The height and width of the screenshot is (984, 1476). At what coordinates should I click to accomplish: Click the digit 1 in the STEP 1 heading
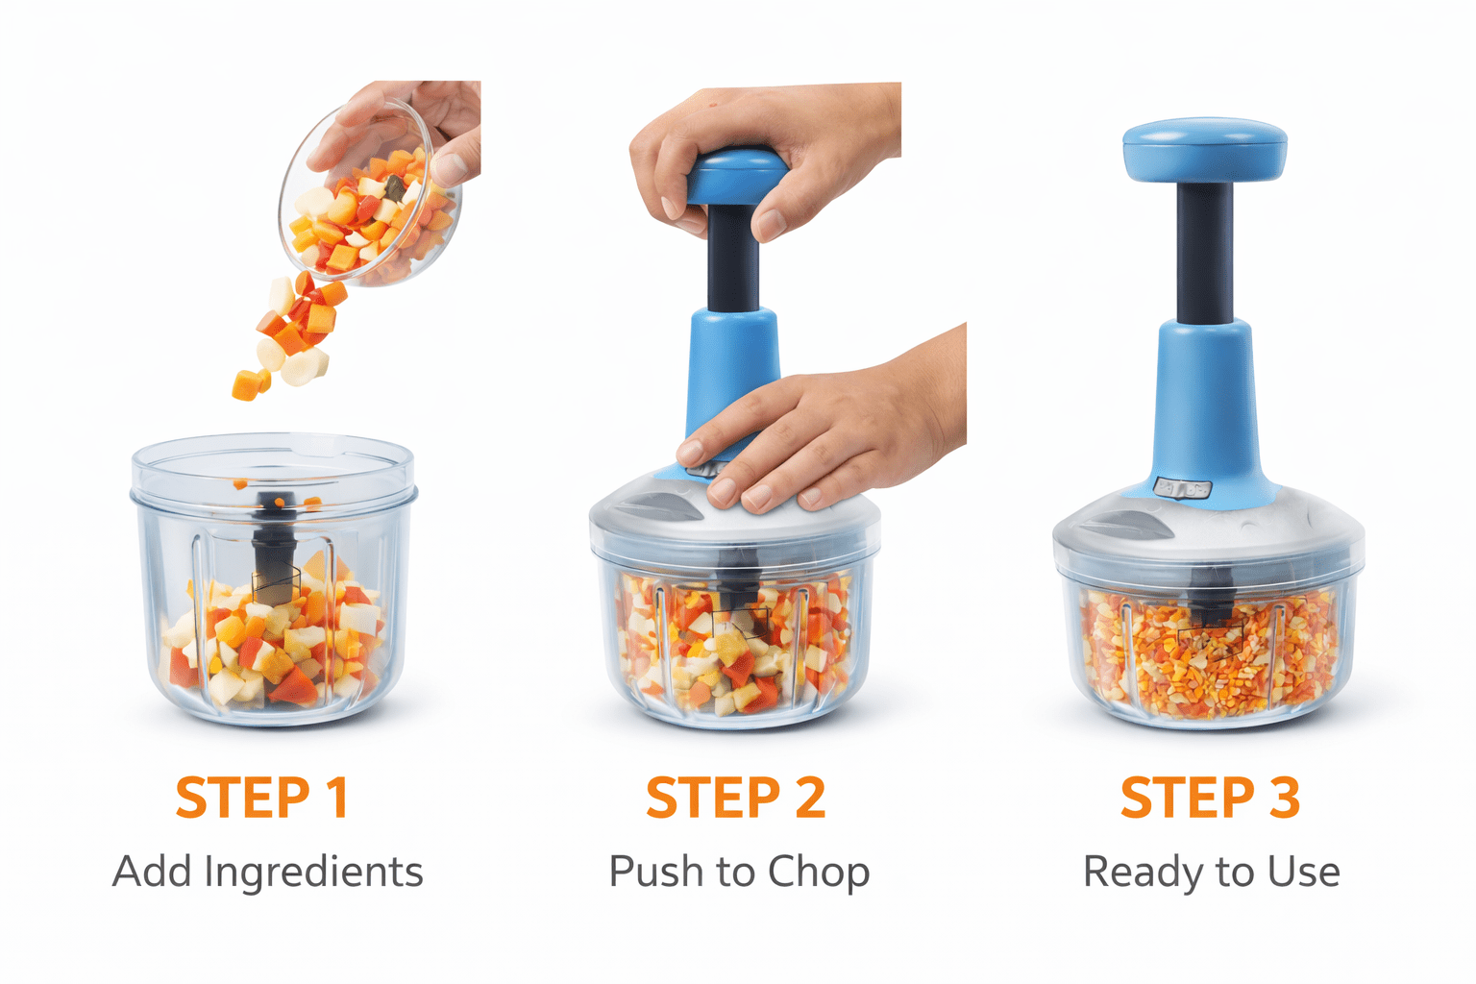pyautogui.click(x=339, y=797)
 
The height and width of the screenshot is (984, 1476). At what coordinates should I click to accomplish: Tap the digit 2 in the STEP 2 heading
pyautogui.click(x=810, y=797)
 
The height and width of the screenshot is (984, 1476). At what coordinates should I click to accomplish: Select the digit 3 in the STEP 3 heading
pyautogui.click(x=1284, y=797)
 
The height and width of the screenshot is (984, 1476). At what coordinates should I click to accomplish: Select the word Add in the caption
pyautogui.click(x=154, y=872)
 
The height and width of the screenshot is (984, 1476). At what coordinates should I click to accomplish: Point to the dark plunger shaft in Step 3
pyautogui.click(x=1205, y=253)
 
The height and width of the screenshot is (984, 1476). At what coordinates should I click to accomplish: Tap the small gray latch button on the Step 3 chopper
pyautogui.click(x=1183, y=488)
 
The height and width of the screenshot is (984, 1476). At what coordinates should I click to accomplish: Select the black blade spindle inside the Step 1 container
pyautogui.click(x=275, y=547)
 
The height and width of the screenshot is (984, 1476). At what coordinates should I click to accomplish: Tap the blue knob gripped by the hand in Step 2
pyautogui.click(x=736, y=177)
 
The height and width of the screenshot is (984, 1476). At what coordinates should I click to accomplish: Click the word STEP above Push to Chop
pyautogui.click(x=714, y=797)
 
